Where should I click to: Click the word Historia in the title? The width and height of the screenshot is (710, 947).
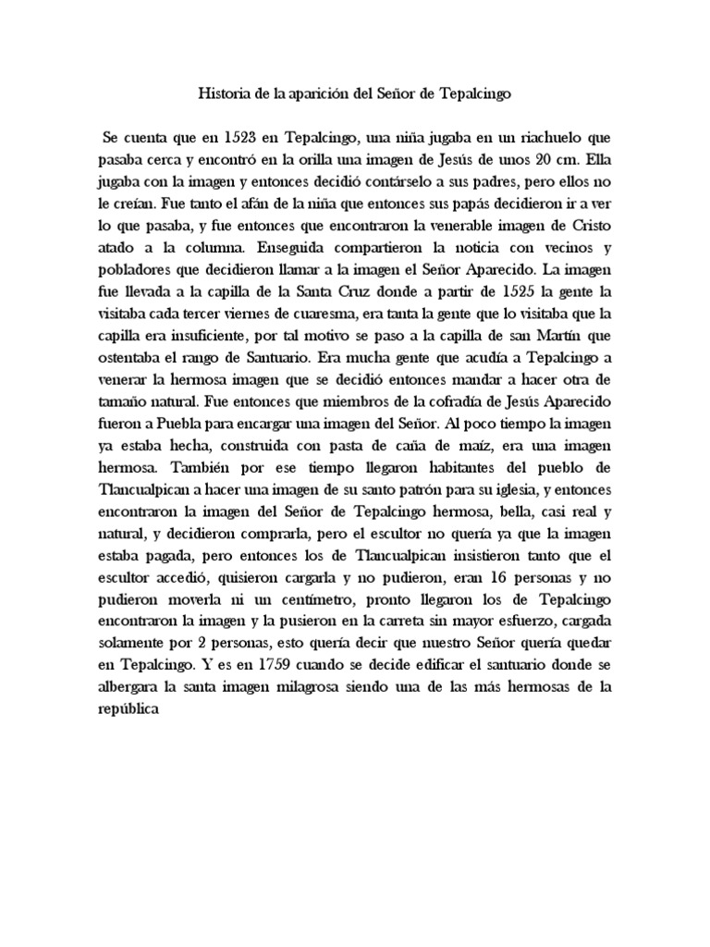point(225,93)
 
